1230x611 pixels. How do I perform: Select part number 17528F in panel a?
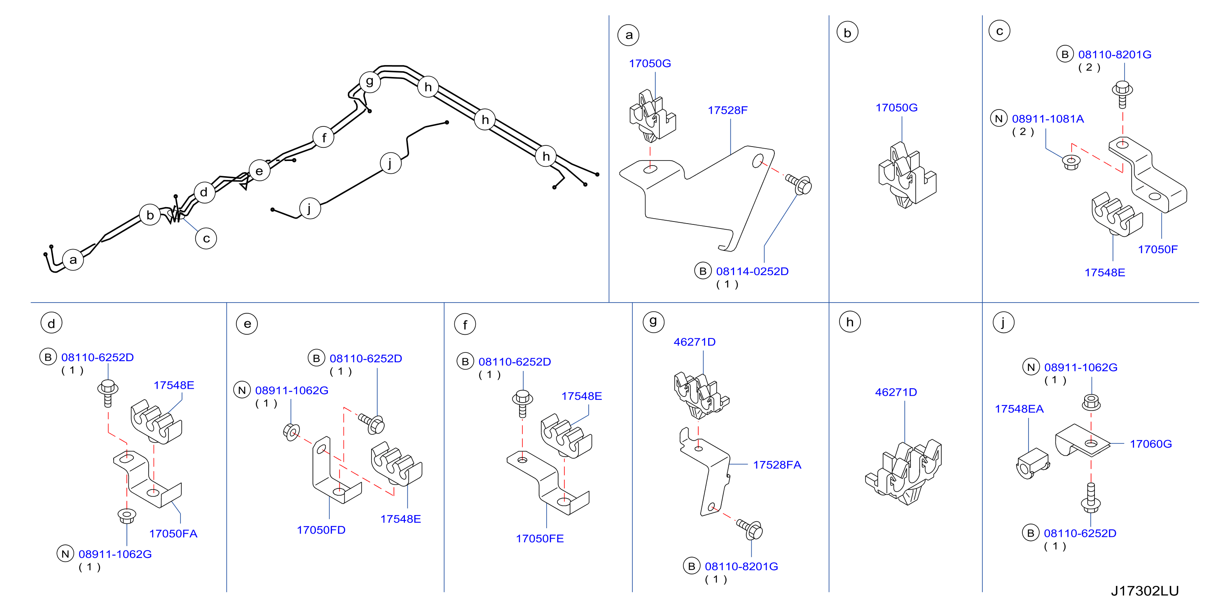coord(727,110)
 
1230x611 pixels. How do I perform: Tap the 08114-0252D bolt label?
coord(752,271)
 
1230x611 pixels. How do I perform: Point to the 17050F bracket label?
coord(1157,249)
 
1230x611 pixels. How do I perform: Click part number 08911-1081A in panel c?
coord(1048,119)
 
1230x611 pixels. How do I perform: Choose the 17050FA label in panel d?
coord(173,534)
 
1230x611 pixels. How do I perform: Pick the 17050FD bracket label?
coord(321,530)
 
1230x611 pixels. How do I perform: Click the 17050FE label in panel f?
coord(540,539)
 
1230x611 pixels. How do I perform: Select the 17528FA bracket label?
coord(777,465)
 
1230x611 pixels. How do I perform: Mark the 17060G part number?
coord(1151,444)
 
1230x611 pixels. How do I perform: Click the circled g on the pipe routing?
coord(369,82)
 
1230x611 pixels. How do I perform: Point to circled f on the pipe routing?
coord(323,138)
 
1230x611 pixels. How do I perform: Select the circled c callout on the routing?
coord(206,238)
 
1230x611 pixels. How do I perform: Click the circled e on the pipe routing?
coord(259,170)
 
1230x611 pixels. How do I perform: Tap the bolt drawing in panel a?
coord(799,184)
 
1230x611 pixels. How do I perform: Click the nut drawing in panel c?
coord(1071,162)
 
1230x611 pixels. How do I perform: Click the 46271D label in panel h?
coord(896,392)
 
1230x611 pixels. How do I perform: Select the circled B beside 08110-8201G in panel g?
coord(691,566)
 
